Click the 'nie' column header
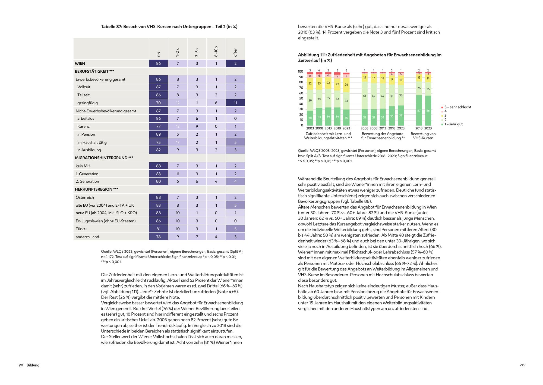[159, 54]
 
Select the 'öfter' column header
[235, 52]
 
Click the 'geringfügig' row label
[87, 103]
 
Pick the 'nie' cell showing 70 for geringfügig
[158, 103]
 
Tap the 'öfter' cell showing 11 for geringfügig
[235, 103]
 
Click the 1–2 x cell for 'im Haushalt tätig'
[178, 142]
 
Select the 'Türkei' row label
[81, 229]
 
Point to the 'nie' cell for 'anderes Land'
[158, 237]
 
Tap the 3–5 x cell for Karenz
[197, 126]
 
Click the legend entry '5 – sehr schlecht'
[457, 107]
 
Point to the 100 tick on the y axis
[300, 72]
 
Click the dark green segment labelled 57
[419, 110]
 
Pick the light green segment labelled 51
[364, 96]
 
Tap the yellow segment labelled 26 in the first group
[346, 85]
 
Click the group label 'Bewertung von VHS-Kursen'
[423, 136]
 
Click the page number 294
[21, 365]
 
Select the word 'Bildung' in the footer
[33, 365]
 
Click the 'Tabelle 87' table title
[169, 27]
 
